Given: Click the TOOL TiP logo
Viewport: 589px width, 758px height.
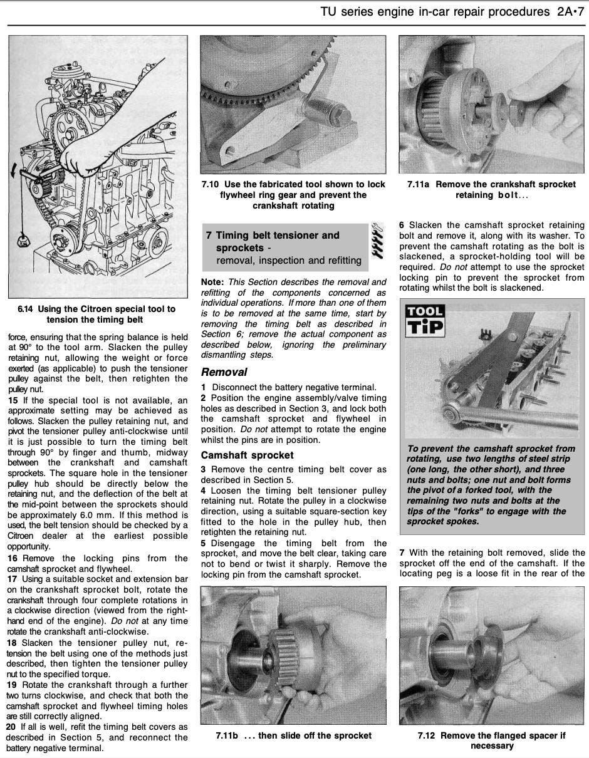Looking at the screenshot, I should click(425, 319).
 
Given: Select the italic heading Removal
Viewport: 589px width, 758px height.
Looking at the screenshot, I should click(224, 372).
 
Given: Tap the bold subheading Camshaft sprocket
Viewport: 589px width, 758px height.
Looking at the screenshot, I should click(247, 455).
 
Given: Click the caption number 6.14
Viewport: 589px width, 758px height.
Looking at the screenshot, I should click(26, 309).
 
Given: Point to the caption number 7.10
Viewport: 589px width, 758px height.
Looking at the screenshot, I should click(211, 184).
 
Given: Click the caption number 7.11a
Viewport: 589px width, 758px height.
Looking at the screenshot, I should click(419, 184).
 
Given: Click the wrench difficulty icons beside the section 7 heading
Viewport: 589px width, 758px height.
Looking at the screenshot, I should click(377, 241).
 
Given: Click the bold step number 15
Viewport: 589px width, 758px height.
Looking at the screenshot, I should click(13, 400).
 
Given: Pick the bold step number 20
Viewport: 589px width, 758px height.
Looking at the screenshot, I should click(11, 727).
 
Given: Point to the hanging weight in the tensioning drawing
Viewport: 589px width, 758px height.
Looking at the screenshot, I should click(25, 239).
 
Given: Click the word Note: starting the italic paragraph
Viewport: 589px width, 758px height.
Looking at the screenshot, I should click(213, 282).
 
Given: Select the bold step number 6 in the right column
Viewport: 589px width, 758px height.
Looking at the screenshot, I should click(402, 225).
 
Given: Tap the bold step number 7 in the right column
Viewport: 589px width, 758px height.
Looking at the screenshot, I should click(402, 553).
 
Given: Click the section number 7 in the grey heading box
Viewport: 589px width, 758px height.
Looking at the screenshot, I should click(209, 236).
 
